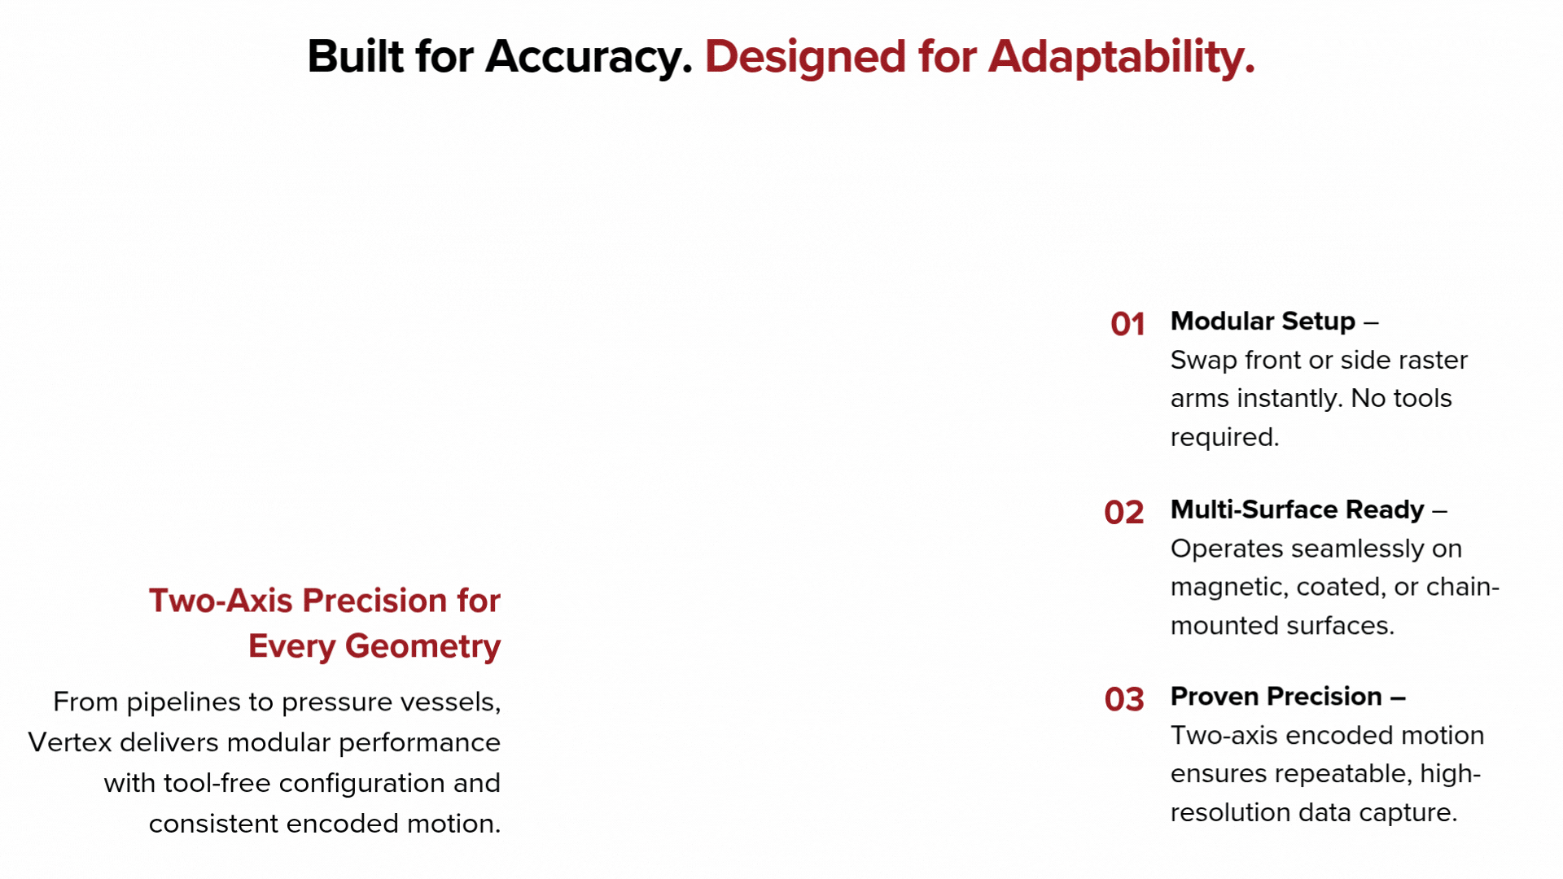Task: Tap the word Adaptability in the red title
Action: pyautogui.click(x=1122, y=58)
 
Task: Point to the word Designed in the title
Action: pyautogui.click(x=804, y=58)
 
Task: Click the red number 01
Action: pyautogui.click(x=1127, y=324)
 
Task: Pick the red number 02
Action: pyautogui.click(x=1124, y=512)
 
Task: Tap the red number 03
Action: pyautogui.click(x=1124, y=699)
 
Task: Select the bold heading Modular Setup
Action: pyautogui.click(x=1263, y=321)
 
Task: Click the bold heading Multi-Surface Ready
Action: pyautogui.click(x=1298, y=509)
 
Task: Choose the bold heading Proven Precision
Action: pyautogui.click(x=1276, y=697)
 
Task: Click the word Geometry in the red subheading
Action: pyautogui.click(x=422, y=647)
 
